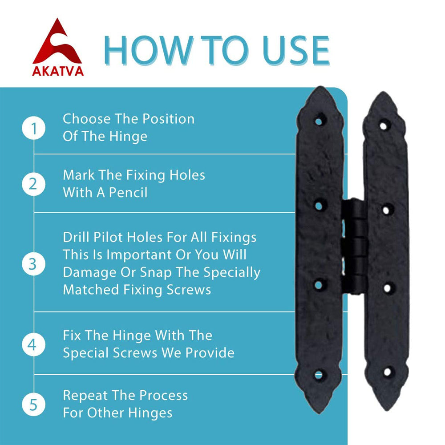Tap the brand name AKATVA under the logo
[x=58, y=71]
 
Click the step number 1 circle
[x=34, y=128]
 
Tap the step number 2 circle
[x=34, y=184]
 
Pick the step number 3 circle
[x=34, y=264]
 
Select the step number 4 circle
[x=34, y=345]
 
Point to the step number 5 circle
[x=34, y=405]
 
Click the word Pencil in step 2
[x=128, y=192]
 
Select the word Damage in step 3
[x=89, y=273]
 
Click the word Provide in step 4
[x=210, y=353]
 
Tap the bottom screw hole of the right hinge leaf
[x=388, y=372]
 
